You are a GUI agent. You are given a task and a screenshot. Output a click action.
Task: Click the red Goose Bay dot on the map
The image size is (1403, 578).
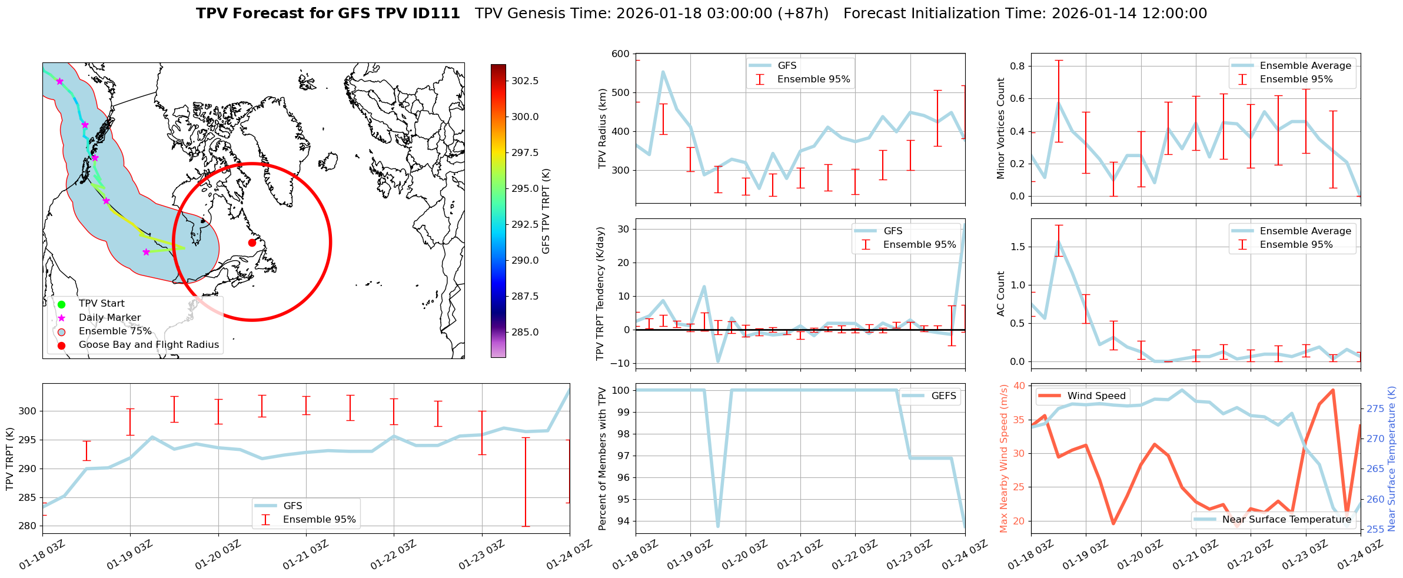point(252,243)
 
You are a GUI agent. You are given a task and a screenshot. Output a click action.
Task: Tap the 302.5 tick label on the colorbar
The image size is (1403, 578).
point(524,81)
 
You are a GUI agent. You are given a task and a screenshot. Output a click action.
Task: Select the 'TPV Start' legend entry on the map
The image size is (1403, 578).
point(101,304)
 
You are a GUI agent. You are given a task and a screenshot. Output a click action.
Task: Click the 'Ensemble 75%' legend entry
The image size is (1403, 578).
point(115,331)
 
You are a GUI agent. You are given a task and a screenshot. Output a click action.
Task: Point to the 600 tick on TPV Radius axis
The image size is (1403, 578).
point(621,54)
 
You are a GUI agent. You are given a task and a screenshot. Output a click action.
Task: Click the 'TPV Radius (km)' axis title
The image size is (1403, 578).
point(602,128)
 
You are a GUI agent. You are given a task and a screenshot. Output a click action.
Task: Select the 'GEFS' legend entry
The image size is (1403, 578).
point(943,396)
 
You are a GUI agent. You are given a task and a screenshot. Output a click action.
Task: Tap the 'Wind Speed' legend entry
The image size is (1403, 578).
point(1096,396)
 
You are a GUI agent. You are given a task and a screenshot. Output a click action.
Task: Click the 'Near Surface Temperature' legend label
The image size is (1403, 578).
point(1286,519)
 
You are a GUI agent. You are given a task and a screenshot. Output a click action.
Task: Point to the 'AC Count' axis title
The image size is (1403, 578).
point(1001,294)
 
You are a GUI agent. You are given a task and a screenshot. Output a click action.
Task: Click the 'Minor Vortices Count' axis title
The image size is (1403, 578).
point(1001,128)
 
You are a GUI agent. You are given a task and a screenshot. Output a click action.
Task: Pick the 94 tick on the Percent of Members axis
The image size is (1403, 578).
point(623,521)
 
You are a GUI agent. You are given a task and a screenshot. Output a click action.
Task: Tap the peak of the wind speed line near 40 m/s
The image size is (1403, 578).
point(1333,390)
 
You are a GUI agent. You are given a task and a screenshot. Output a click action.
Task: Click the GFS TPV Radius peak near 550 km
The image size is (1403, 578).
point(663,72)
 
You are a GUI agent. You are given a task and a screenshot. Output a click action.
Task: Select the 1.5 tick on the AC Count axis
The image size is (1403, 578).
point(1018,247)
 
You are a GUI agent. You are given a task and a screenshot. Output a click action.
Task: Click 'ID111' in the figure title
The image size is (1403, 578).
point(438,14)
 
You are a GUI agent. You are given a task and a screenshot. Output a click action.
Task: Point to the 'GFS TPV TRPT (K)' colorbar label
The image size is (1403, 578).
point(546,211)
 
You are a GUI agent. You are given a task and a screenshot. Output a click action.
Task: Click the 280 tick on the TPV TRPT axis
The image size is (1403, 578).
point(28,526)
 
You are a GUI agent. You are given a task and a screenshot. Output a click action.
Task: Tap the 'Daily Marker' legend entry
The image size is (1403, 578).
point(109,318)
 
